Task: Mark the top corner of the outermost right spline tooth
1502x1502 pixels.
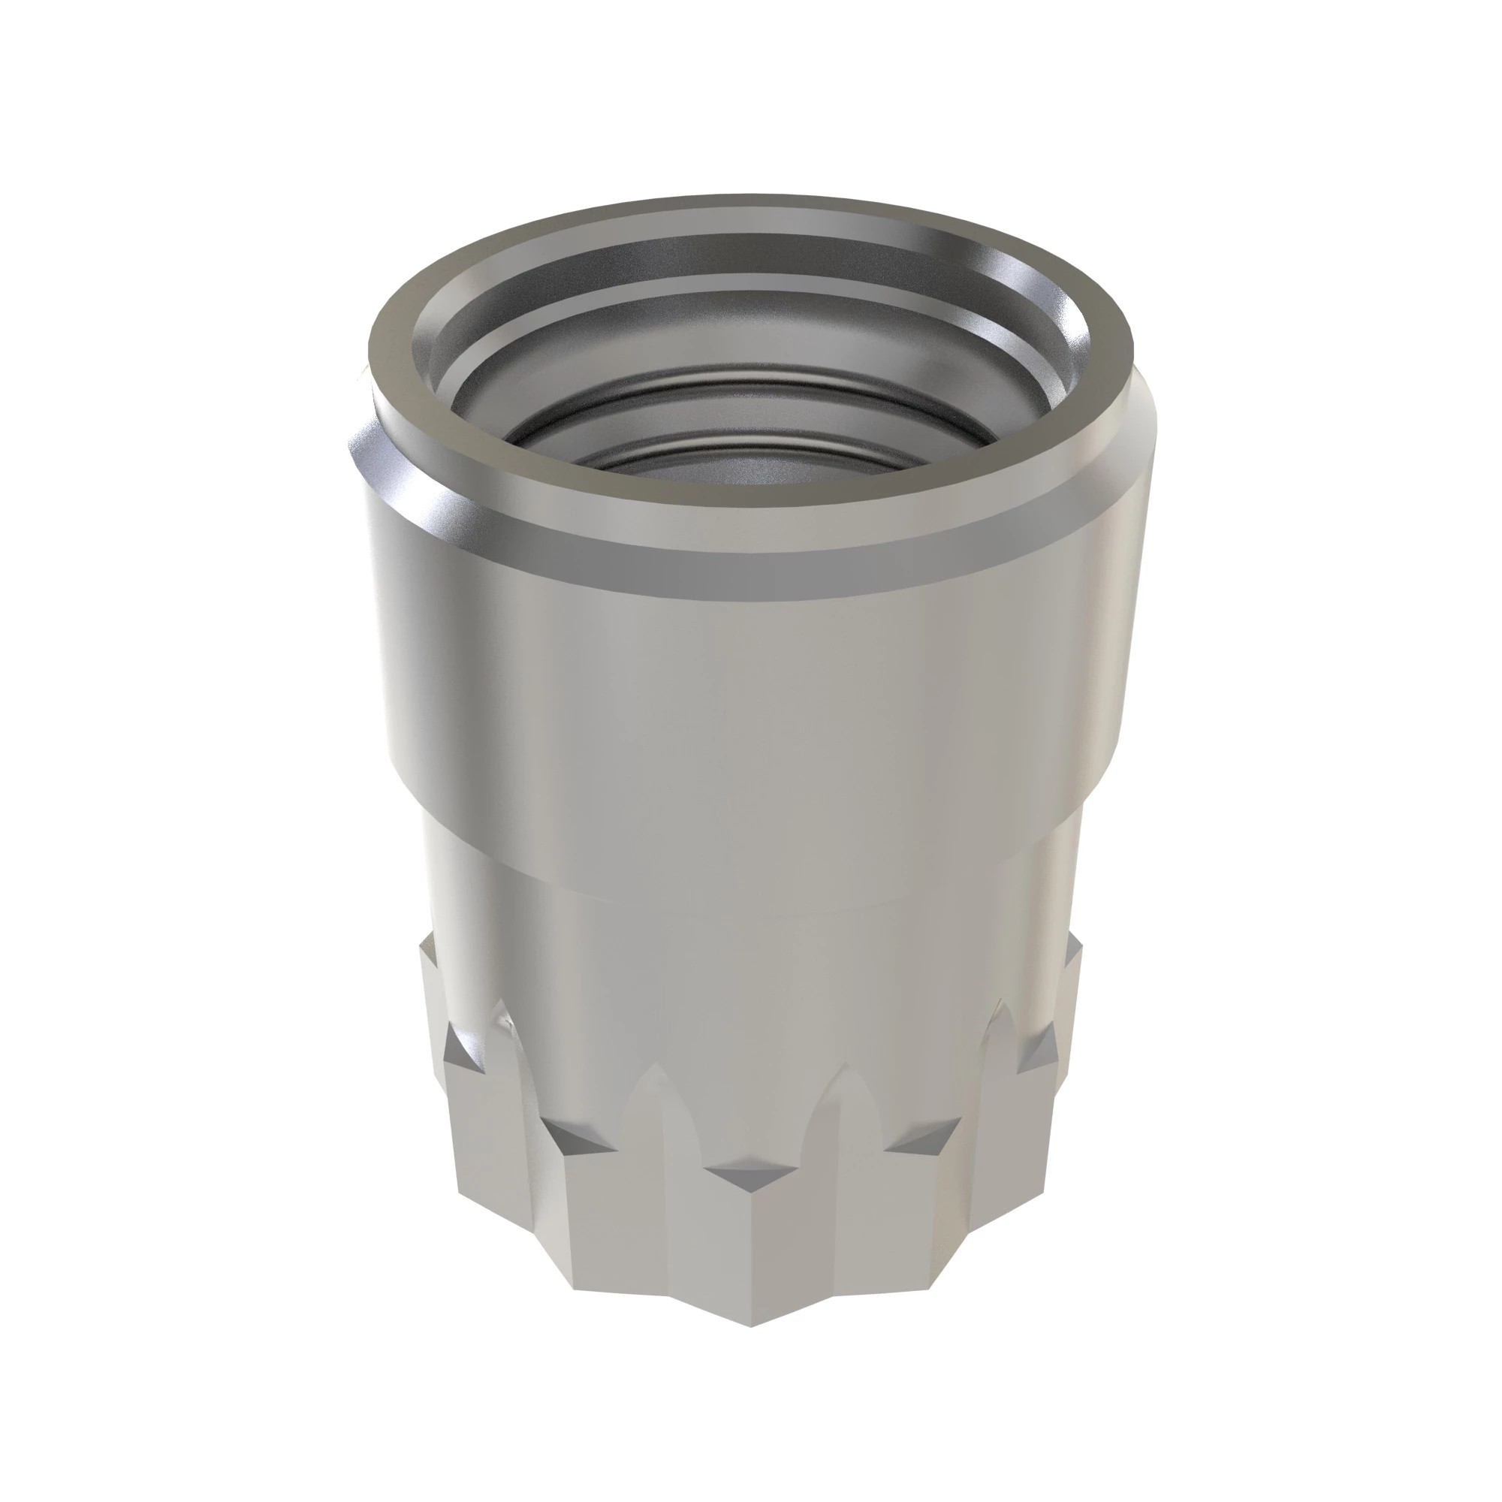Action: point(1078,941)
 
